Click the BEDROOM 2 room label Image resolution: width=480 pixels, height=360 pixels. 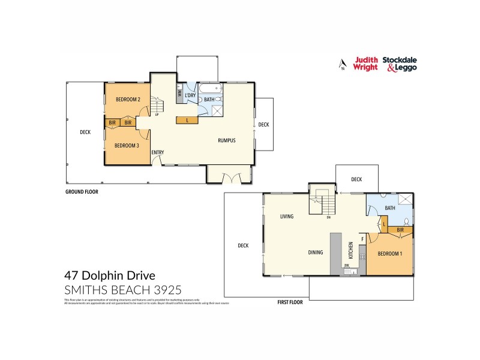(x=128, y=100)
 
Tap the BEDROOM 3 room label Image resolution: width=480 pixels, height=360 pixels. (x=127, y=145)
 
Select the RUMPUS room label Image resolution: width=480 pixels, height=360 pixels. (x=227, y=141)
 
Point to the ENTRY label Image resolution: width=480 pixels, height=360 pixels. (x=158, y=152)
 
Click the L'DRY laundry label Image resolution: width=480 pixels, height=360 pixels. (x=191, y=95)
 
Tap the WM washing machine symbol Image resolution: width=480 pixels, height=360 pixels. (x=180, y=94)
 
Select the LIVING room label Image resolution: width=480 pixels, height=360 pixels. (x=286, y=216)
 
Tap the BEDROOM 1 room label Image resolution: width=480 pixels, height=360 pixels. (x=391, y=254)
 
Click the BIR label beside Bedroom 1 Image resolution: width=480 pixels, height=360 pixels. (x=400, y=229)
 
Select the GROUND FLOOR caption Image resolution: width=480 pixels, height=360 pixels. (x=82, y=192)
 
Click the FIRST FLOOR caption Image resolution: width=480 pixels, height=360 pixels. (x=291, y=302)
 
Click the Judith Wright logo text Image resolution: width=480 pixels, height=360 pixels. (x=365, y=64)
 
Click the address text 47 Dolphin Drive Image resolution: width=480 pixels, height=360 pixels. (x=110, y=276)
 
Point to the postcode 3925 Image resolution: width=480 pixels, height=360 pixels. (x=169, y=290)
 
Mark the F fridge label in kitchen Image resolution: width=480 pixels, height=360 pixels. (x=362, y=239)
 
